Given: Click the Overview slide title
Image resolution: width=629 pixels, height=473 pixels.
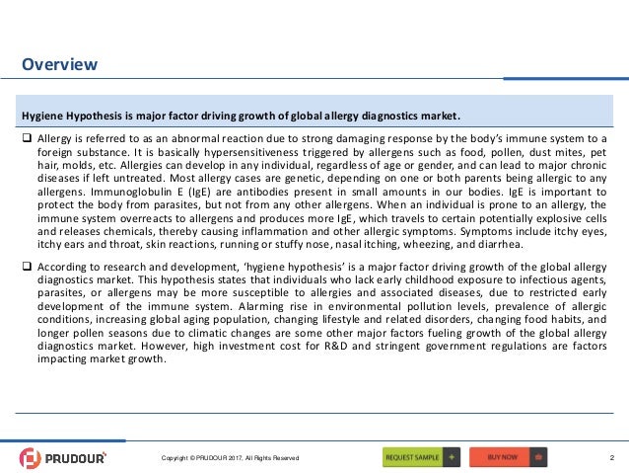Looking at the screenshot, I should click(60, 65).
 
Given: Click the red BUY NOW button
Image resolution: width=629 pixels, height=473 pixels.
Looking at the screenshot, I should click(509, 457).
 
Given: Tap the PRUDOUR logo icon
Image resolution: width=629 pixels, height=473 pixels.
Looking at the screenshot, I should click(32, 458).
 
